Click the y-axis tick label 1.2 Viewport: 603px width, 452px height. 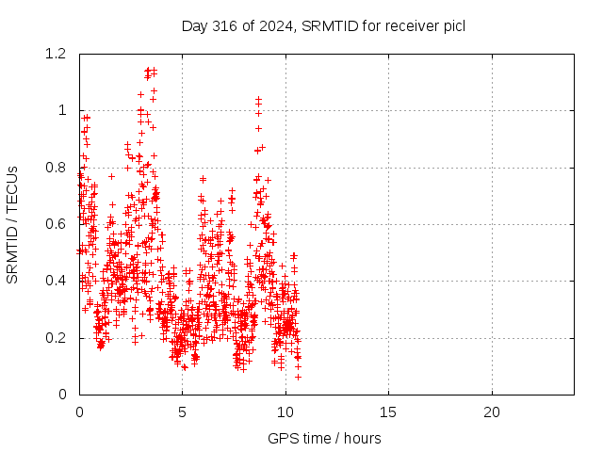(56, 54)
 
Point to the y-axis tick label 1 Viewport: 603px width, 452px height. (62, 111)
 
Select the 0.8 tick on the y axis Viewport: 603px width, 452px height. (56, 168)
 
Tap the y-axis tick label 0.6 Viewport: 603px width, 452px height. (56, 224)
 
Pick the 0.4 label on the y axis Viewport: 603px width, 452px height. (56, 281)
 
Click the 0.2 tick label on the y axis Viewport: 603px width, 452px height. (56, 338)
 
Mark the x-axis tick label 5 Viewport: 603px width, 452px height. (182, 412)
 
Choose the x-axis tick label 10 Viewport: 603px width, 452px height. (285, 412)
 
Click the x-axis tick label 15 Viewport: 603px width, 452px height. (388, 412)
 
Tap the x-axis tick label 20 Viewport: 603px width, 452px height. (492, 412)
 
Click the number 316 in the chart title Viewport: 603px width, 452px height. (225, 26)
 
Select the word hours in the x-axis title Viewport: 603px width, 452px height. (362, 438)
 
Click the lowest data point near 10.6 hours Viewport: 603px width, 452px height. (298, 377)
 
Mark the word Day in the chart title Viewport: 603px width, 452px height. (195, 26)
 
